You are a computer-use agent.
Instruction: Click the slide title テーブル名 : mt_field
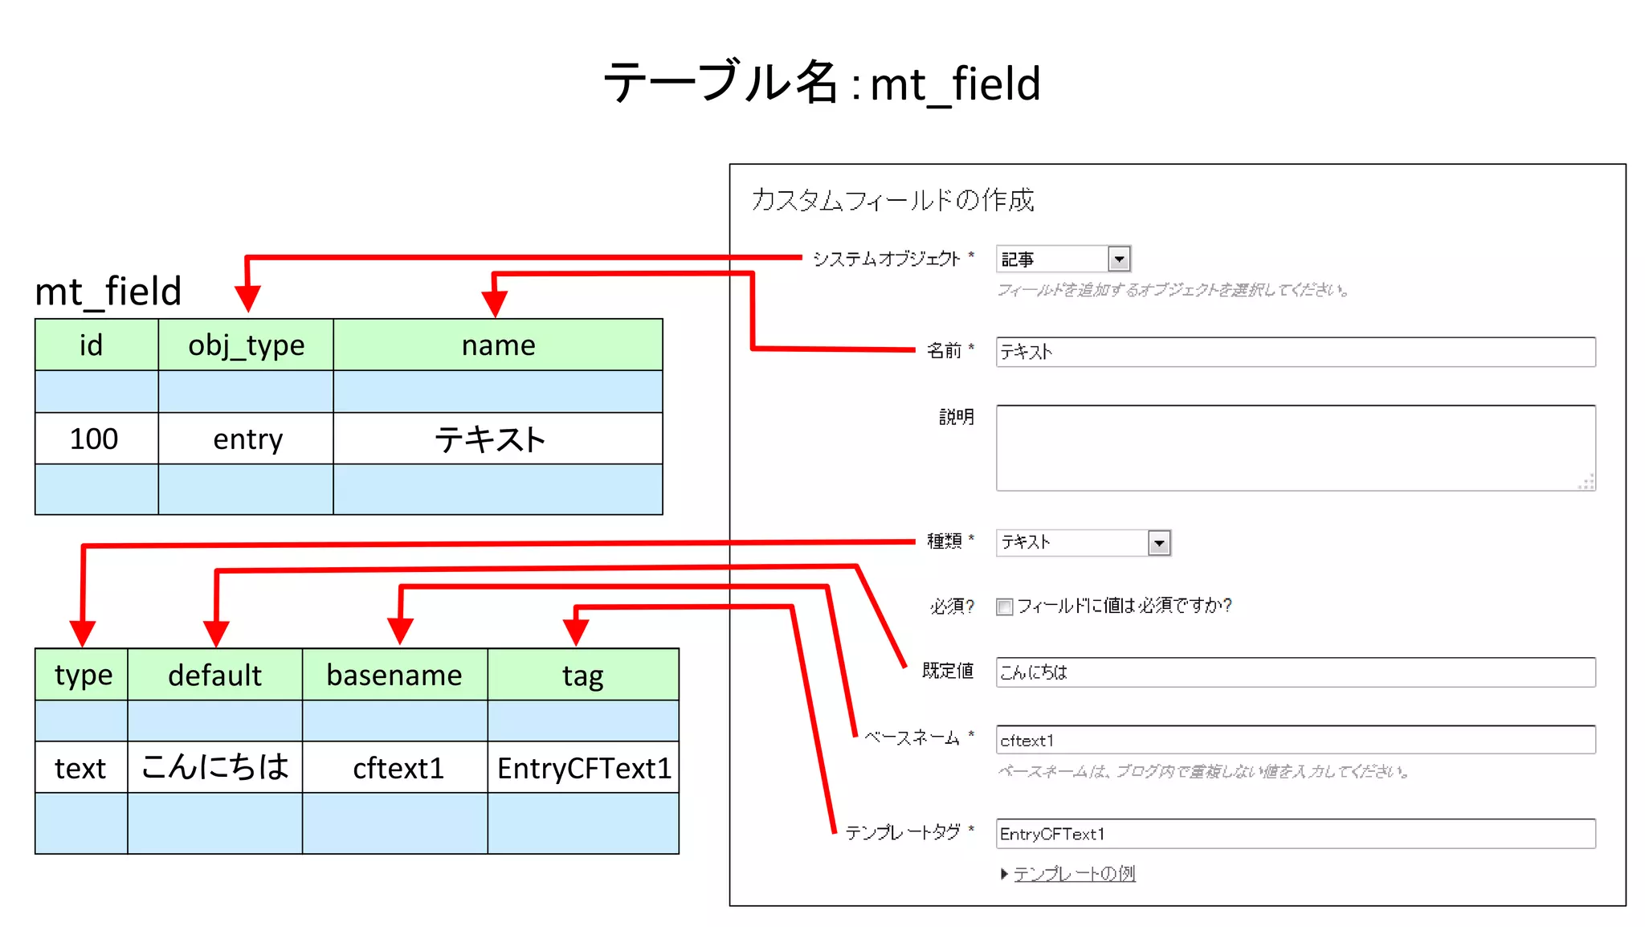pos(821,84)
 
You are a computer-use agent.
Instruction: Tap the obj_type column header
pos(246,345)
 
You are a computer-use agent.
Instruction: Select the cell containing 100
pos(95,439)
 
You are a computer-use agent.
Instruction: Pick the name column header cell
pos(498,345)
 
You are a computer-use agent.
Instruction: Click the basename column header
pos(394,675)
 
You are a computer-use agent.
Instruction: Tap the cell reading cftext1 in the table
pos(398,768)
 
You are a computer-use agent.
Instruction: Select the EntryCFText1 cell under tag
pos(583,768)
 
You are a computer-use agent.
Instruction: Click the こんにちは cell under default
pos(214,766)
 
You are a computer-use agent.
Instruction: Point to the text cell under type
pos(80,768)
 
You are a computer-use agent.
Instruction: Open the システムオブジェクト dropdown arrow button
pos(1119,259)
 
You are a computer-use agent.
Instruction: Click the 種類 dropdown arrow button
pos(1158,543)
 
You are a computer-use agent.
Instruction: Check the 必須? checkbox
pos(1004,606)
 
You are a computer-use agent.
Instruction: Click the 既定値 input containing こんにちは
pos(1295,672)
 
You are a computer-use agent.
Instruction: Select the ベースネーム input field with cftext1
pos(1295,740)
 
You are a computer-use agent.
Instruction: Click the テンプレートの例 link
pos(1074,873)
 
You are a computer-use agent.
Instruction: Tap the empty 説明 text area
pos(1295,447)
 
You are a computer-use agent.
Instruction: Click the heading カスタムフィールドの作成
pos(892,200)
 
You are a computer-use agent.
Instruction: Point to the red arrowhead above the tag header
pos(576,631)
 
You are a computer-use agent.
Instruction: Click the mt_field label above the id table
pos(108,291)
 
